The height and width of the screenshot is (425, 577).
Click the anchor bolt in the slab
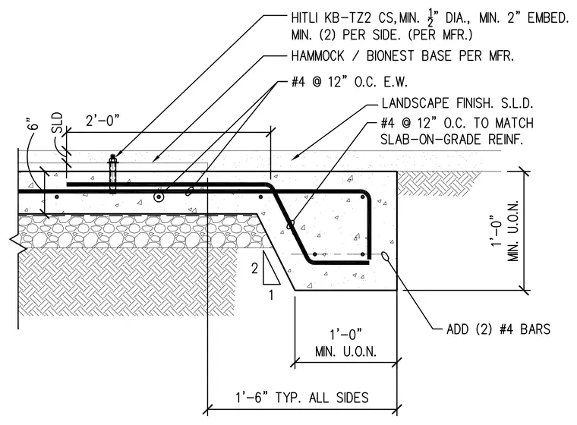[x=112, y=173]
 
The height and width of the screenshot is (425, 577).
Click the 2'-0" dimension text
[x=102, y=121]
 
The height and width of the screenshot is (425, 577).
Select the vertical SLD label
[x=57, y=123]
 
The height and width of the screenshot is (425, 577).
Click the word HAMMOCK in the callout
[x=318, y=56]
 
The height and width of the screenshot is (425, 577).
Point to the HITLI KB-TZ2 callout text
[x=430, y=26]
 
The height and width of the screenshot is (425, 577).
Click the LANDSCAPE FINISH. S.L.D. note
[x=457, y=103]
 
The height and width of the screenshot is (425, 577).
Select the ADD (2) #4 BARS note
[x=498, y=329]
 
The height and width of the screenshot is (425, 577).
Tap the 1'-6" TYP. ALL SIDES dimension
[x=301, y=398]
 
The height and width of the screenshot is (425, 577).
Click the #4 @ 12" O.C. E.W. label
[x=349, y=82]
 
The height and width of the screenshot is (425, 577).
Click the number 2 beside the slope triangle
[x=254, y=269]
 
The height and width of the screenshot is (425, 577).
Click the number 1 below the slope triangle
[x=271, y=295]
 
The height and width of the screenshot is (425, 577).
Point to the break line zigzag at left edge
[x=18, y=244]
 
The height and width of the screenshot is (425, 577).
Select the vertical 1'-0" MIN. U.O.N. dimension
[x=505, y=231]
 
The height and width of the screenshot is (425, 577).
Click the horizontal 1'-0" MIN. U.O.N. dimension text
[x=345, y=343]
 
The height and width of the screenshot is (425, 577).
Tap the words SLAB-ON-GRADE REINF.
[x=452, y=140]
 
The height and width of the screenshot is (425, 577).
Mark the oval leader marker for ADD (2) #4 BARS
[x=386, y=256]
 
